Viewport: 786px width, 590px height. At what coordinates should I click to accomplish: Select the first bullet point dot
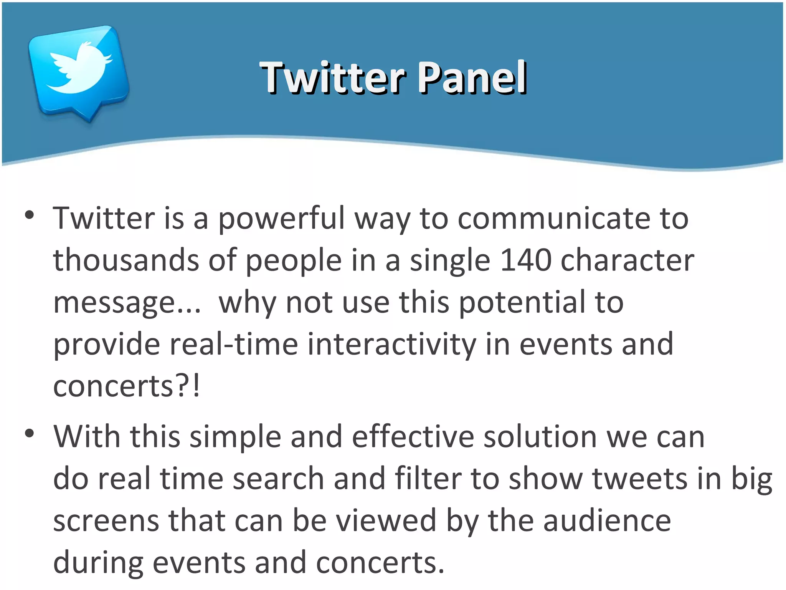29,215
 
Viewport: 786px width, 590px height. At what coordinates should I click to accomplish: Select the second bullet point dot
29,434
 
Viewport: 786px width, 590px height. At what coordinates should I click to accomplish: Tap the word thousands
126,260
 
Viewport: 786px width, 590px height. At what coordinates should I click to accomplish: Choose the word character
627,260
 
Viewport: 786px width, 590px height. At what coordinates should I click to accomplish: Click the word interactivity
391,344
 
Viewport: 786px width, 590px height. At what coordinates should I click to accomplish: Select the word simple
235,437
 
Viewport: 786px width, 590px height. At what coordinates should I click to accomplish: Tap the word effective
412,437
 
